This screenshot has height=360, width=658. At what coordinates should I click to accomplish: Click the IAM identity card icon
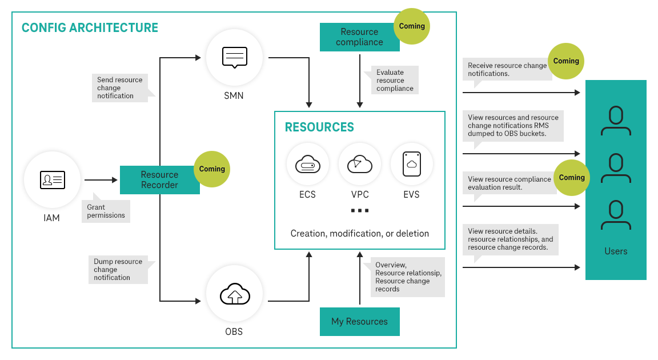pyautogui.click(x=52, y=180)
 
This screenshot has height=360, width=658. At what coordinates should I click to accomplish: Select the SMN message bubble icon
pyautogui.click(x=234, y=58)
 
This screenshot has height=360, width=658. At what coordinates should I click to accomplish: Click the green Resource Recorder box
pyautogui.click(x=159, y=180)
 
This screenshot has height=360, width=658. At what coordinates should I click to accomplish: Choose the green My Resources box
pyautogui.click(x=359, y=322)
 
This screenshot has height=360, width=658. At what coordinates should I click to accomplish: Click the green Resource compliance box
pyautogui.click(x=359, y=37)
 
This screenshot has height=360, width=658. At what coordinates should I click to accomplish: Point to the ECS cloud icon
pyautogui.click(x=308, y=165)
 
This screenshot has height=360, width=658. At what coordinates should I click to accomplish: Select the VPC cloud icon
pyautogui.click(x=359, y=165)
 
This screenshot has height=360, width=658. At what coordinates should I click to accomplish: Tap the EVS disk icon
pyautogui.click(x=411, y=165)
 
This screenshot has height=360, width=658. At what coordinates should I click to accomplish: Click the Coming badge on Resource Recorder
pyautogui.click(x=212, y=169)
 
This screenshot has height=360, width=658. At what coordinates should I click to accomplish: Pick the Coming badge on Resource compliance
pyautogui.click(x=412, y=26)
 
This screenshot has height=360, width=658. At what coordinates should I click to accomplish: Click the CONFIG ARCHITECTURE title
pyautogui.click(x=90, y=27)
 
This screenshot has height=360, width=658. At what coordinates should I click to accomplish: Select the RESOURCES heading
pyautogui.click(x=319, y=127)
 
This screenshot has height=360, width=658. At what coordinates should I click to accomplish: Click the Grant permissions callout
pyautogui.click(x=106, y=211)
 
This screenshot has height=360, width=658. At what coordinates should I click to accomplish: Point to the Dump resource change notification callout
pyautogui.click(x=119, y=269)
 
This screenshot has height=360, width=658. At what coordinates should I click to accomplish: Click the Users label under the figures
pyautogui.click(x=616, y=251)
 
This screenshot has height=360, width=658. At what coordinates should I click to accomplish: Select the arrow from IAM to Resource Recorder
pyautogui.click(x=101, y=180)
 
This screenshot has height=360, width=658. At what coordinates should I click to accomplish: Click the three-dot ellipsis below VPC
pyautogui.click(x=359, y=211)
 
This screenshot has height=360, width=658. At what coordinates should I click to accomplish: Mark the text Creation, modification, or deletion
pyautogui.click(x=359, y=233)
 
